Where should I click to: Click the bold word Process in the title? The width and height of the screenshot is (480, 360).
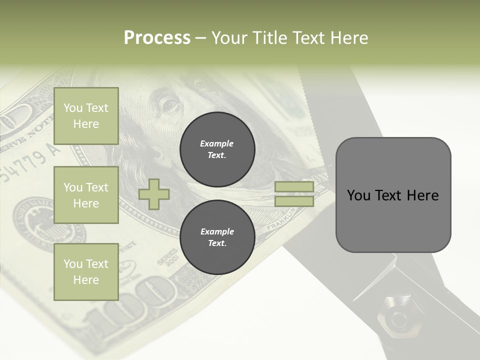coord(157,38)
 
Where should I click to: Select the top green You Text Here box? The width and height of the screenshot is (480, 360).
coord(86,116)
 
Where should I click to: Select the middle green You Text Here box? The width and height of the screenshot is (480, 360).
coord(86,195)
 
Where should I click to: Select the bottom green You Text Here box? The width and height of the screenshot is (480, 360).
coord(86,272)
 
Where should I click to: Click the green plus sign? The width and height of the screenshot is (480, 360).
coord(153,194)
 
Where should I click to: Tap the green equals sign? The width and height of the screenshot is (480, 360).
coord(294,194)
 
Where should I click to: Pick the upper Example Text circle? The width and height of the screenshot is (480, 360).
coord(217,149)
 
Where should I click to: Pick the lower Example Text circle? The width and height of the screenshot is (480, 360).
coord(217,237)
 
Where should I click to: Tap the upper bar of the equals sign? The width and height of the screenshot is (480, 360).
coord(294,187)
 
